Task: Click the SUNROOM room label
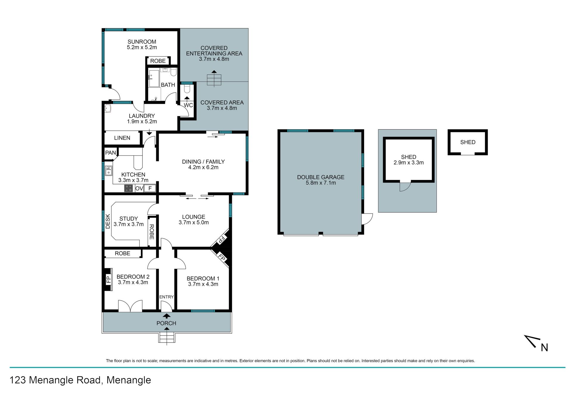click(142, 42)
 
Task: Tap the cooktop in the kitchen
click(128, 188)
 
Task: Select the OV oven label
click(139, 188)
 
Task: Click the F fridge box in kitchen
click(150, 188)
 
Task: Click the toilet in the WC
click(187, 88)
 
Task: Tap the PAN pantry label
click(111, 153)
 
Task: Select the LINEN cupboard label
click(122, 138)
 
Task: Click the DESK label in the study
click(108, 221)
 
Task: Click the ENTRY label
click(166, 297)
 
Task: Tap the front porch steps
click(167, 338)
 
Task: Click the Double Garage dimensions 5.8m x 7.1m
click(321, 183)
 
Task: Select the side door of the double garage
click(367, 219)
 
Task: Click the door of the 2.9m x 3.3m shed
click(405, 186)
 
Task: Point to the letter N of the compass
click(544, 348)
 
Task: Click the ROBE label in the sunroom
click(158, 61)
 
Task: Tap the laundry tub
click(108, 108)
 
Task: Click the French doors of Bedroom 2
click(130, 306)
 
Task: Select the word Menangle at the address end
click(129, 380)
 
